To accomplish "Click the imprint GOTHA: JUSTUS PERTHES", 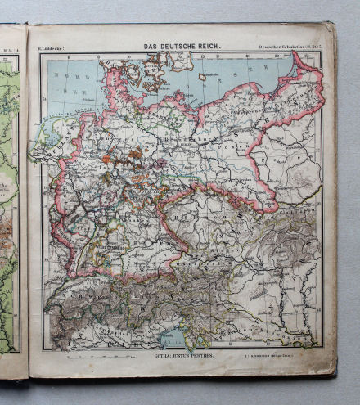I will [x=182, y=357].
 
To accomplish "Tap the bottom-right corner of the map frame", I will [x=322, y=349].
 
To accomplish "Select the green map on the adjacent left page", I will [x=10, y=205].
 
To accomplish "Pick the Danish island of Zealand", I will [x=169, y=65].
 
